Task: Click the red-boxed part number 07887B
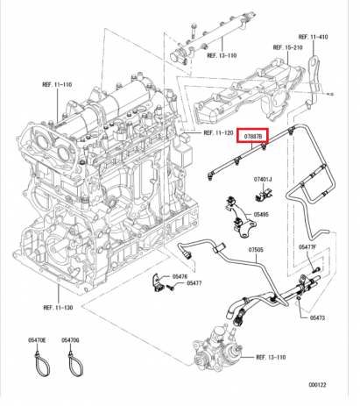(x=252, y=136)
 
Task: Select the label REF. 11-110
(x=57, y=84)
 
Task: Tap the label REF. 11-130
(x=58, y=308)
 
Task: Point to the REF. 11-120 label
(x=218, y=133)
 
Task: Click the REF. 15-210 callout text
(x=287, y=47)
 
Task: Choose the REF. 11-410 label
(x=313, y=37)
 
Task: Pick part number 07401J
(x=263, y=179)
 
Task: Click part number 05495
(x=261, y=215)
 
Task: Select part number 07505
(x=256, y=250)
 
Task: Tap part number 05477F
(x=307, y=247)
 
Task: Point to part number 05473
(x=317, y=317)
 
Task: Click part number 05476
(x=180, y=276)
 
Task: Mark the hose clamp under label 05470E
(x=41, y=363)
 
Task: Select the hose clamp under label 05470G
(x=75, y=363)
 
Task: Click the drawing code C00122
(x=317, y=385)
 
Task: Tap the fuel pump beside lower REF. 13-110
(x=218, y=350)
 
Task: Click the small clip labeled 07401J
(x=264, y=194)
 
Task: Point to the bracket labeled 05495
(x=240, y=217)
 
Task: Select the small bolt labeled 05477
(x=171, y=288)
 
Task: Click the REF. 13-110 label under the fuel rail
(x=222, y=55)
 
